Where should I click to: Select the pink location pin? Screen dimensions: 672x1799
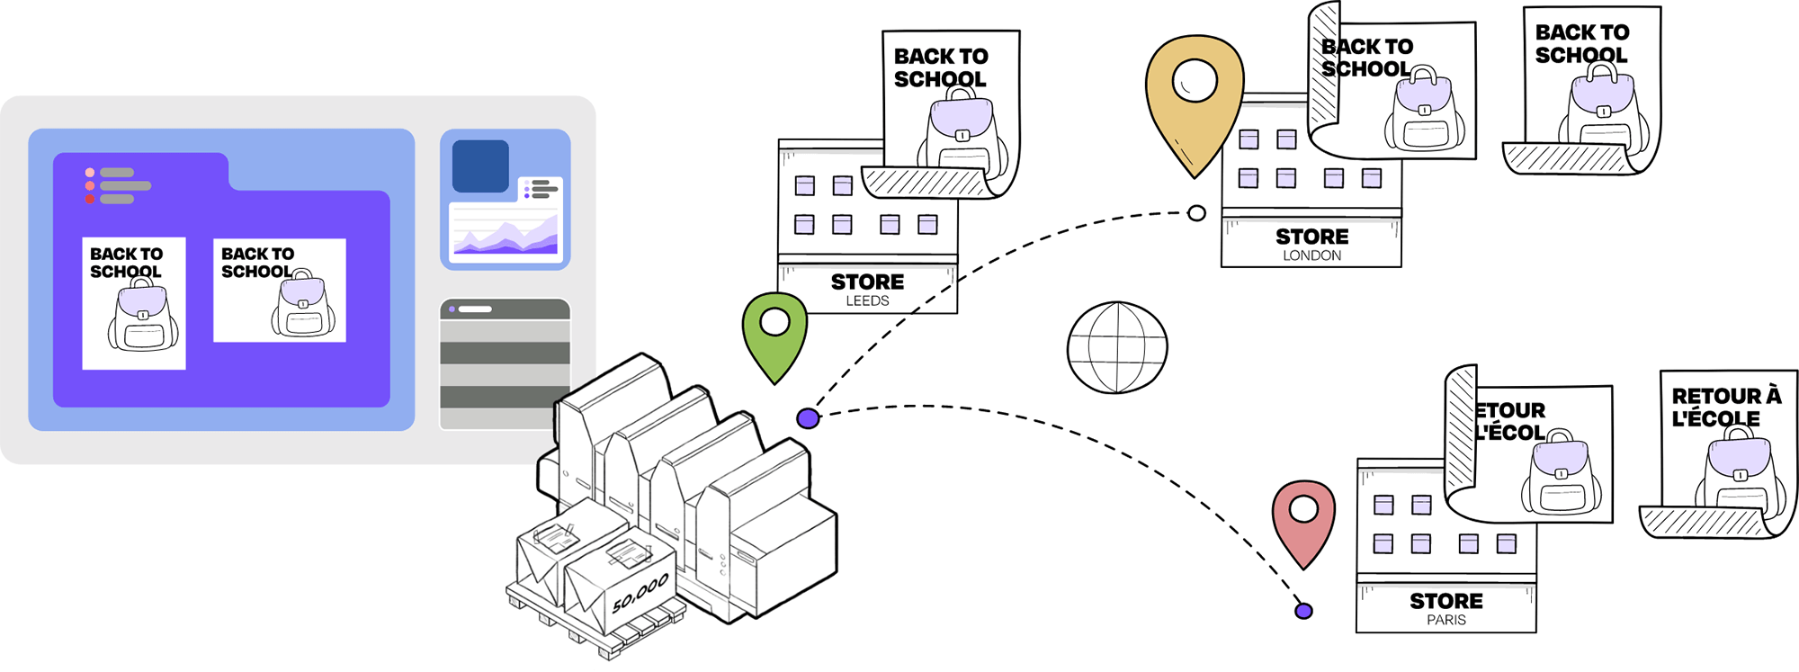[1303, 522]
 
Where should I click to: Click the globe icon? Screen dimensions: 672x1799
[1117, 347]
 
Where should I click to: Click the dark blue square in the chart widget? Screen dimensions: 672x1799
[480, 166]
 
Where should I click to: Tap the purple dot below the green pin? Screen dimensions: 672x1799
[808, 418]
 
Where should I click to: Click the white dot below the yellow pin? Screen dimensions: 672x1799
[1196, 213]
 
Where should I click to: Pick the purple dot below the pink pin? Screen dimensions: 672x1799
[1303, 611]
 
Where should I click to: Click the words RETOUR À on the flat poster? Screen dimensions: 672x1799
[1725, 396]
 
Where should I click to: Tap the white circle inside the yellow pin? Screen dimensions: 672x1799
[1195, 80]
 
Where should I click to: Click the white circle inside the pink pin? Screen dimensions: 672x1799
[1303, 510]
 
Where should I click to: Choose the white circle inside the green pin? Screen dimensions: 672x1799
[774, 321]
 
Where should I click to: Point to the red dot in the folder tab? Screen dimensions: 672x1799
[90, 199]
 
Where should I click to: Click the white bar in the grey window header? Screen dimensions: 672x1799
[475, 309]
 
